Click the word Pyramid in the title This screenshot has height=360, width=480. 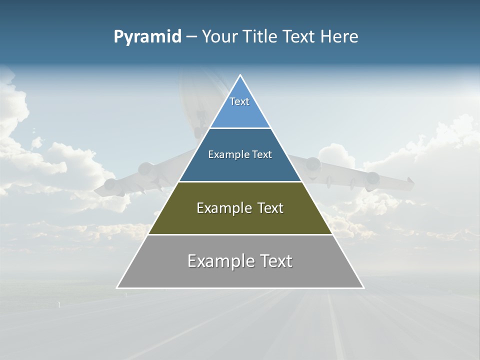click(x=147, y=37)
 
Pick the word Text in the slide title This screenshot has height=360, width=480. click(x=299, y=36)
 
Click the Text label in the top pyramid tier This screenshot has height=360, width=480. click(x=239, y=101)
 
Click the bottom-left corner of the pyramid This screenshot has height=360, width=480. click(x=117, y=288)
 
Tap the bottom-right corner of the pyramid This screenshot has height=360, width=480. click(x=363, y=288)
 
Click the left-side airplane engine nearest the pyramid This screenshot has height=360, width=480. click(x=146, y=169)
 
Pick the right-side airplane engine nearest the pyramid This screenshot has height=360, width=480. click(x=313, y=164)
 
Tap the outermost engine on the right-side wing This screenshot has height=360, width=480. click(x=372, y=178)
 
